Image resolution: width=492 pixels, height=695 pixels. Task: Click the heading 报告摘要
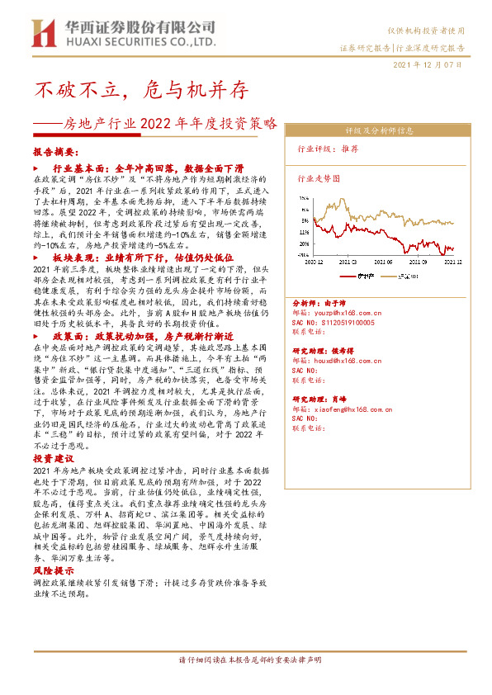(56, 153)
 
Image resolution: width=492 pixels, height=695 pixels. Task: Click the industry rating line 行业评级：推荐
(328, 149)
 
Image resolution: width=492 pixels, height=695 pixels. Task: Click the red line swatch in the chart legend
(344, 276)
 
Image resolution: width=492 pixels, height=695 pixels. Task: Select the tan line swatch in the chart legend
(391, 276)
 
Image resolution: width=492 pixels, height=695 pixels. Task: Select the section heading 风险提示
(54, 570)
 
